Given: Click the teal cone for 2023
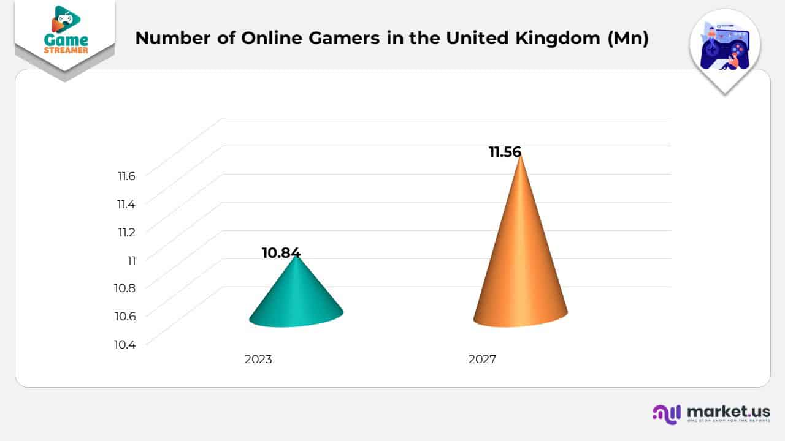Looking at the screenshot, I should point(296,297).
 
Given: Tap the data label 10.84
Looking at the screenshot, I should point(281,253).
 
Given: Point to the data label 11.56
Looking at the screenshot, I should point(505,153).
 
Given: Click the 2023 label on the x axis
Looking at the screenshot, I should point(258,360).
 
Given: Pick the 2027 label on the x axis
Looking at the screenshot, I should point(482,360).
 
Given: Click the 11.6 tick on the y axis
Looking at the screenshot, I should point(126,176).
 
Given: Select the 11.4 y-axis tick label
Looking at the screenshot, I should point(126,205).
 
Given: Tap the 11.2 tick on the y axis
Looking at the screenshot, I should point(126,232).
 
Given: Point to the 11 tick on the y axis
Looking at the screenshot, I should point(131,260).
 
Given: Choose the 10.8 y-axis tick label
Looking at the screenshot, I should point(125,288).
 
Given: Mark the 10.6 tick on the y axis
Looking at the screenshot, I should point(125,316).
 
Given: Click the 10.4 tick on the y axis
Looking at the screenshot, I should point(125,344).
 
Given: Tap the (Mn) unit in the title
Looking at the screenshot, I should point(627,38).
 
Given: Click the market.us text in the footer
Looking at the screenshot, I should point(729,411).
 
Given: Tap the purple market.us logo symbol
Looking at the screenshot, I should point(667,414).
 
